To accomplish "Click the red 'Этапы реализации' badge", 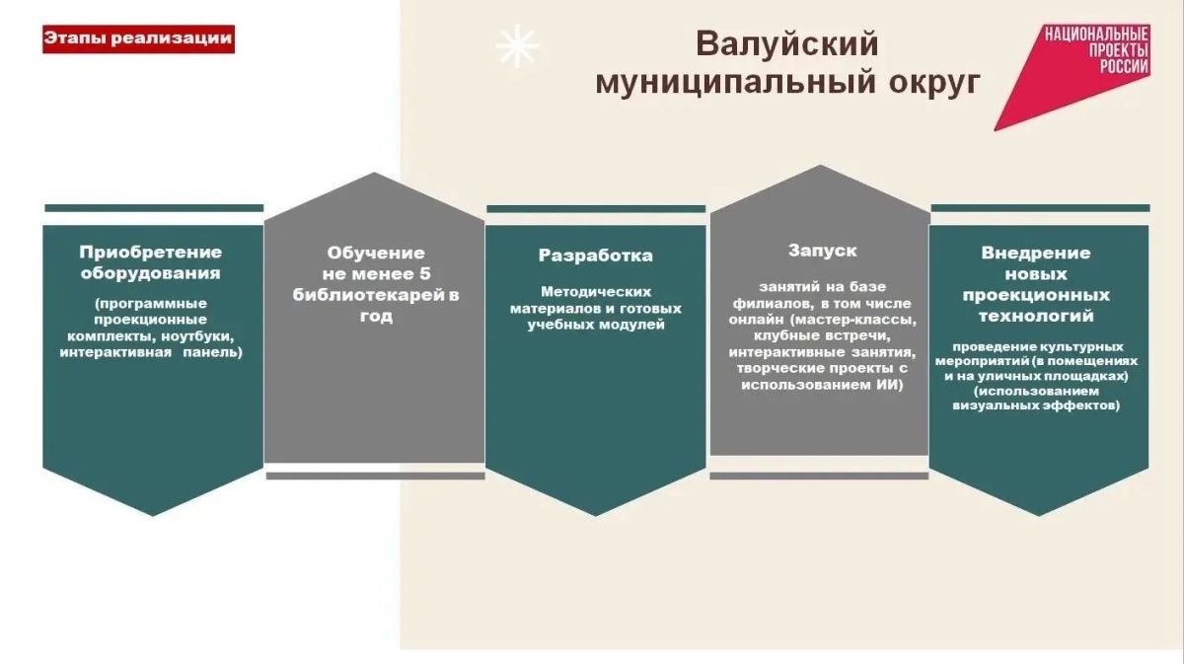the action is (x=138, y=39).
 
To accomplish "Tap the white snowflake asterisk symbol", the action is (x=517, y=46).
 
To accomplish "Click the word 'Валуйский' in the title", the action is (x=787, y=44).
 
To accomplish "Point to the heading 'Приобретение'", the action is (x=151, y=253).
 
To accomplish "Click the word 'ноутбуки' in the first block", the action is (x=197, y=336).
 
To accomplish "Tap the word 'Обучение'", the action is (x=376, y=254).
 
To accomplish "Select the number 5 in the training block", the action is (x=425, y=274).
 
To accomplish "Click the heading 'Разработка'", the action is (x=596, y=256).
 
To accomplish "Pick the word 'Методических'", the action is (x=596, y=292).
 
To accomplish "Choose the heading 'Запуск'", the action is (x=823, y=251).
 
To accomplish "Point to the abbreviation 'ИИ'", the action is (x=889, y=385).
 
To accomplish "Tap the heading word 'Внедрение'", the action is (x=1036, y=253).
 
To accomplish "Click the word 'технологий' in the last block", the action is (x=1036, y=316).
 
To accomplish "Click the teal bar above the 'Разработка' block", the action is (x=596, y=209).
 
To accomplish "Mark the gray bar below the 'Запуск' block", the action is (x=819, y=477).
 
